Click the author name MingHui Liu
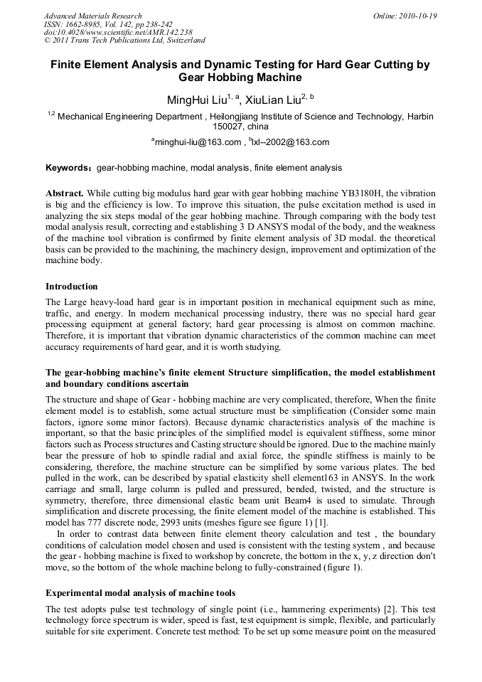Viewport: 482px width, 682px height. click(x=196, y=99)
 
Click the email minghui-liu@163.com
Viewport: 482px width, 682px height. click(x=199, y=142)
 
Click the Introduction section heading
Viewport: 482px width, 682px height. click(x=72, y=287)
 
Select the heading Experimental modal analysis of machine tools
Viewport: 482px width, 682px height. click(x=141, y=592)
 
